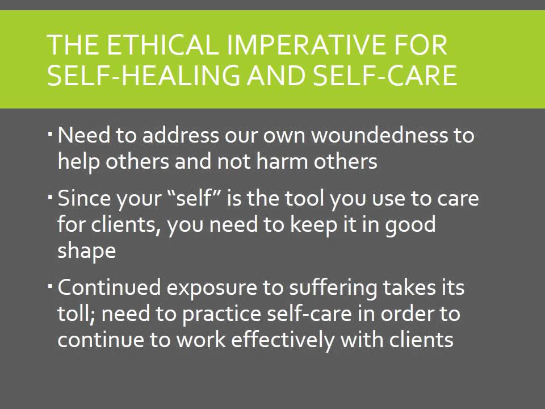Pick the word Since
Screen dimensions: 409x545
(x=84, y=199)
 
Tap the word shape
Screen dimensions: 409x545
(x=86, y=251)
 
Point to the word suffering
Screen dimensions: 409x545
(x=333, y=287)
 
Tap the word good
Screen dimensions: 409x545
(x=410, y=225)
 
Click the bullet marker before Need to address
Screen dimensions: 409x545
(x=50, y=134)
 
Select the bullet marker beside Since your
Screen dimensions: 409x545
(x=50, y=197)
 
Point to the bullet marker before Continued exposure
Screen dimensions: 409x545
(x=50, y=286)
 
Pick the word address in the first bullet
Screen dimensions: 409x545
(x=180, y=136)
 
